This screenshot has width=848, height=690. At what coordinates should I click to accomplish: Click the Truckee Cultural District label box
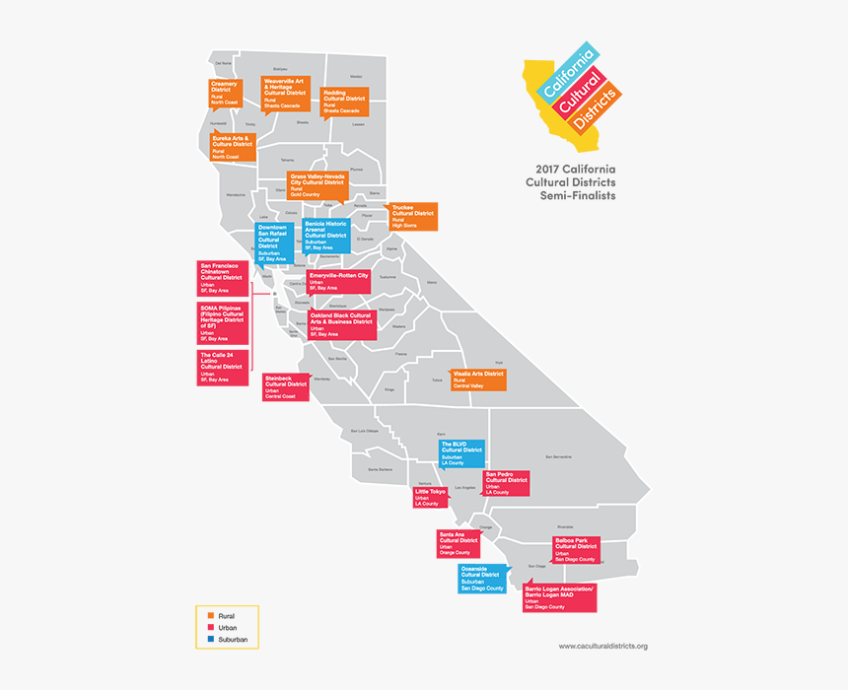tap(413, 217)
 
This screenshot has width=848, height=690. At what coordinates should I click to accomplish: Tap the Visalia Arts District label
tap(479, 380)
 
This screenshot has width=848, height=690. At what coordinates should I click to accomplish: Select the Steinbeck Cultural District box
tap(286, 387)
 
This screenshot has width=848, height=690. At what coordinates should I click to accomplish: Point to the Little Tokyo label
tap(431, 497)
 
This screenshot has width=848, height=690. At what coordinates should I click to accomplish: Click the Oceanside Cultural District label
tap(482, 579)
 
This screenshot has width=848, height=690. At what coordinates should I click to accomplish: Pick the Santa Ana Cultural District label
tap(459, 544)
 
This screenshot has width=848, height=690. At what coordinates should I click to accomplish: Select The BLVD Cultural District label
tap(461, 452)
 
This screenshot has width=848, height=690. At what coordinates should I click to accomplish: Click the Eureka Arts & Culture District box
tap(233, 147)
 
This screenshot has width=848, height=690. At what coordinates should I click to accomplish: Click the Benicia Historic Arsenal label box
tap(326, 237)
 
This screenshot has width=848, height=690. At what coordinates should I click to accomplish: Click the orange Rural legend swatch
tap(211, 616)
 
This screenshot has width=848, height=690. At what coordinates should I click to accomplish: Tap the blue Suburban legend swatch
tap(211, 640)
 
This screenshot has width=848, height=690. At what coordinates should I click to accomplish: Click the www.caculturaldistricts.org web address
tap(602, 647)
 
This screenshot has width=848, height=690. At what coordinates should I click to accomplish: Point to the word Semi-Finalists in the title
tap(577, 196)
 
